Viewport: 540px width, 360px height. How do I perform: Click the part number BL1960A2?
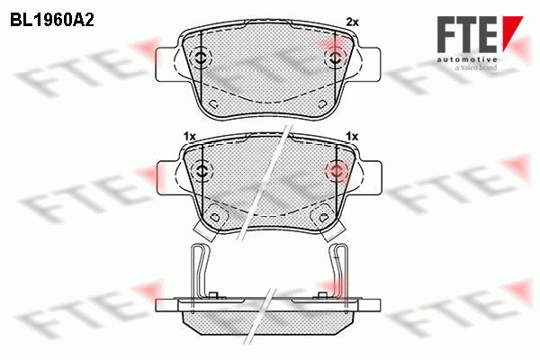click(x=52, y=21)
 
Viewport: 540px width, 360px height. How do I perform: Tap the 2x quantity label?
click(x=352, y=22)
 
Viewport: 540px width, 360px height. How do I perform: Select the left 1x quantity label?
click(x=189, y=137)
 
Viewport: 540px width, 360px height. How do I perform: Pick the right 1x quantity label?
click(x=352, y=137)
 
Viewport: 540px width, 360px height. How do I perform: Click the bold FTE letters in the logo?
click(x=467, y=34)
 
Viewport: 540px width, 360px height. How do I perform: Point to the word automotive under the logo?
click(x=467, y=59)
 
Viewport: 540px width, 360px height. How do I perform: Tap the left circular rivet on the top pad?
click(x=200, y=58)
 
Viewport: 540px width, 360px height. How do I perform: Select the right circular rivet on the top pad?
click(x=335, y=58)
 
